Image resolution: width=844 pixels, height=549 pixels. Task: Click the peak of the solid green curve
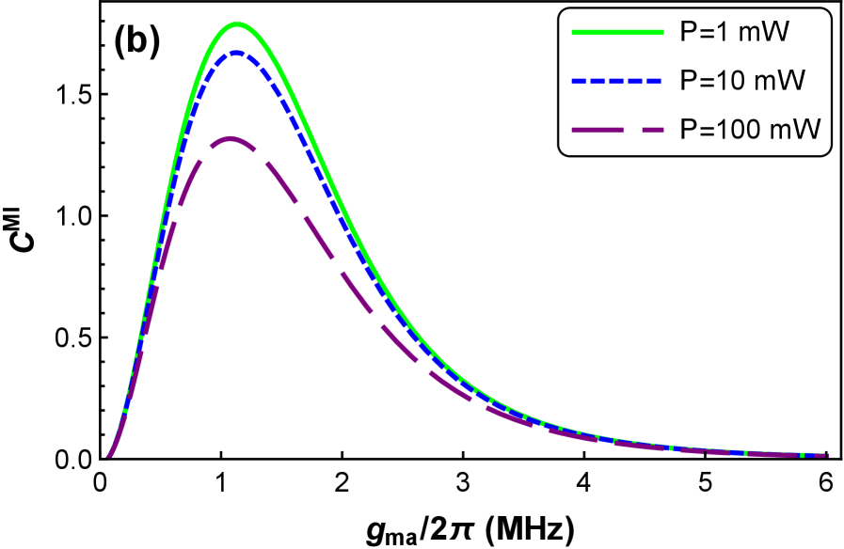pos(237,25)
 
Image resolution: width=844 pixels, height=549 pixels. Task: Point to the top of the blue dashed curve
pos(236,54)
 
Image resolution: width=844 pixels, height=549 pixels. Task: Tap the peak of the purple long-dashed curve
pos(230,140)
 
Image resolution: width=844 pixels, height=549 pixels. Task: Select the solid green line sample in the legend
pos(617,33)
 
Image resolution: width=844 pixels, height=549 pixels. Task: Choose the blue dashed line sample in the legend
pos(617,82)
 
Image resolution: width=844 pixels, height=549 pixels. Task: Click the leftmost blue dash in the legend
pos(580,82)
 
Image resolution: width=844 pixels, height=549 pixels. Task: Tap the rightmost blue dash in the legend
pos(654,82)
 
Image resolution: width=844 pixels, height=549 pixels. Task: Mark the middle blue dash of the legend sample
pos(617,82)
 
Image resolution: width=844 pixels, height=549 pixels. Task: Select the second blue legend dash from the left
pos(598,82)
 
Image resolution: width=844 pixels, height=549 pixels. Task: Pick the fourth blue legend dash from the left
pos(636,82)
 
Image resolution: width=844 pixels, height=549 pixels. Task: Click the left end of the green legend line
pos(573,33)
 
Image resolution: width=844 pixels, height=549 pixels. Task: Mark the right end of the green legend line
pos(662,33)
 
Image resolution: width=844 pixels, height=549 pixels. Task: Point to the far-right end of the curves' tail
pos(827,456)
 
